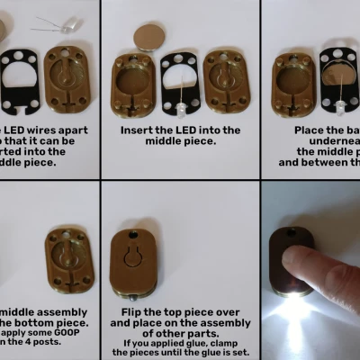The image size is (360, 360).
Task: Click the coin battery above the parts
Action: tap(148, 36)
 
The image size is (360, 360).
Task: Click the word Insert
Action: tap(139, 130)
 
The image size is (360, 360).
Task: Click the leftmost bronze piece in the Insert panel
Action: tap(133, 85)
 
